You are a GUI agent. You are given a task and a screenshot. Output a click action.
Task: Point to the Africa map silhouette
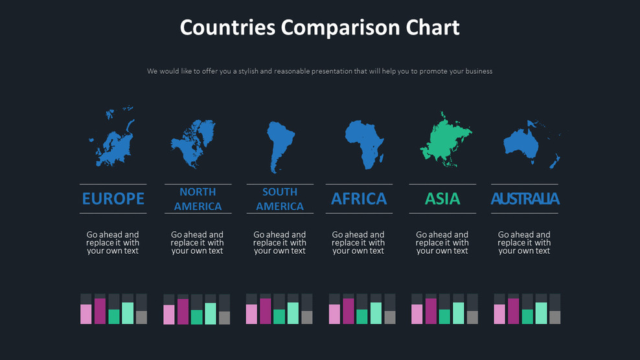(363, 142)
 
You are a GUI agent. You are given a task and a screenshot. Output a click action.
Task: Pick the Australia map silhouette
(521, 144)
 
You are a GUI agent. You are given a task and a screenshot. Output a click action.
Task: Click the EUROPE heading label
(113, 199)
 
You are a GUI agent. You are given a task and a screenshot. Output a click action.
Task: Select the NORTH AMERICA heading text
(198, 199)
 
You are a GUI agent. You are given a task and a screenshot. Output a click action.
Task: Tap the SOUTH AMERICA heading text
(280, 199)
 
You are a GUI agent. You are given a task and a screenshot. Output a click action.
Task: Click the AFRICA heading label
(359, 199)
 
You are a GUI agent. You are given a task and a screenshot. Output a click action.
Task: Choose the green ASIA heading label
(442, 199)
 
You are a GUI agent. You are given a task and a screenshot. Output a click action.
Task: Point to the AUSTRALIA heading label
(525, 199)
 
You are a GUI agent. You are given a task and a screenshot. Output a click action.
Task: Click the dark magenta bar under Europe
(100, 311)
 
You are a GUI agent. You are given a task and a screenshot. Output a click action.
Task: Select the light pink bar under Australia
(499, 314)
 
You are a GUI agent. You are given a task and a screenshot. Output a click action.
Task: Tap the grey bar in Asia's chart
(472, 317)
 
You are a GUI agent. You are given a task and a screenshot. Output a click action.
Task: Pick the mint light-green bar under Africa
(376, 313)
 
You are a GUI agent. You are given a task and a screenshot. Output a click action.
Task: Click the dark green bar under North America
(196, 317)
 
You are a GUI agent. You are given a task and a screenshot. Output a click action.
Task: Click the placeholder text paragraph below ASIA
(442, 243)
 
